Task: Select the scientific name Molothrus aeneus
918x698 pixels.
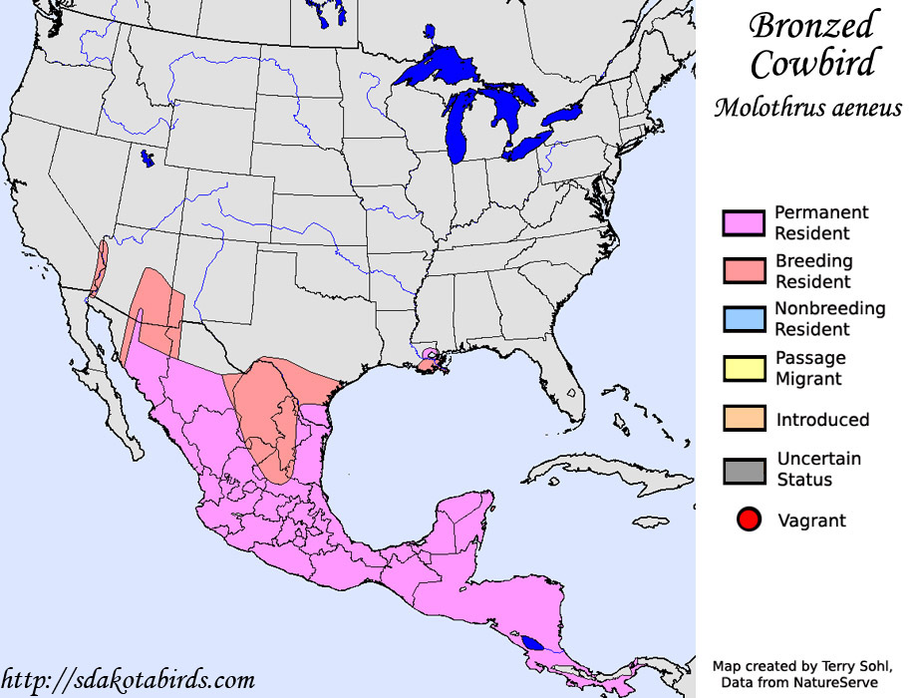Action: coord(807,108)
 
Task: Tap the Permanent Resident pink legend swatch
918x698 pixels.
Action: coord(744,223)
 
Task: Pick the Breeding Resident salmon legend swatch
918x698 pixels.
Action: coord(744,271)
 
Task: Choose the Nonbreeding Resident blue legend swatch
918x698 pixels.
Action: coord(744,319)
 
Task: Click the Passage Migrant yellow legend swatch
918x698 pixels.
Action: coord(744,368)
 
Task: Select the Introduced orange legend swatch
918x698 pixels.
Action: coord(744,419)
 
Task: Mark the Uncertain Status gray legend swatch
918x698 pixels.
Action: coord(744,470)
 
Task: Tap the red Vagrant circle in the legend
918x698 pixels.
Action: coord(750,520)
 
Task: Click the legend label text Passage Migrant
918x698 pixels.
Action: coord(809,368)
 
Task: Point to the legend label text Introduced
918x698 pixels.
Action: coord(822,420)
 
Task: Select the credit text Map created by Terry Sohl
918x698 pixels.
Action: coord(806,665)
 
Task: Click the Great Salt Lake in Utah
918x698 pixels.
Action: coord(147,158)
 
